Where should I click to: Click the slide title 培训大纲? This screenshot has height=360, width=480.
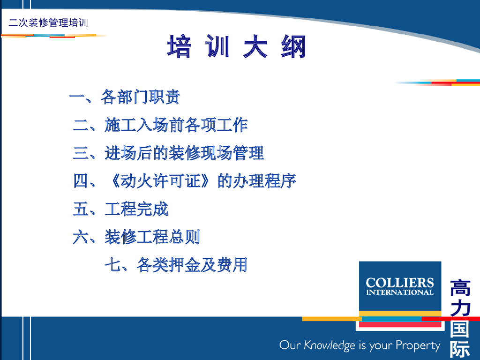pyautogui.click(x=237, y=47)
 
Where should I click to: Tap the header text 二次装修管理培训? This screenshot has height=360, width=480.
pyautogui.click(x=49, y=22)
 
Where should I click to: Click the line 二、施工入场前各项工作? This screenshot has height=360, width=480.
pyautogui.click(x=160, y=125)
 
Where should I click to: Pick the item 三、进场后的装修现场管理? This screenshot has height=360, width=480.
pyautogui.click(x=168, y=153)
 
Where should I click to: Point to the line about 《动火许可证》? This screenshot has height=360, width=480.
pyautogui.click(x=185, y=181)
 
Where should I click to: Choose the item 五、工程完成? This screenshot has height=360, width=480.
pyautogui.click(x=120, y=209)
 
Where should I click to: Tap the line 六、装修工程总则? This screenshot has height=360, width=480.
pyautogui.click(x=136, y=237)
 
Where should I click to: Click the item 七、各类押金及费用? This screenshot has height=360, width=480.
pyautogui.click(x=176, y=265)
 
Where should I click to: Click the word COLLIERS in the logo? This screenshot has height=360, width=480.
pyautogui.click(x=400, y=283)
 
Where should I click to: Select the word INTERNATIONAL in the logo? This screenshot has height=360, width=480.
pyautogui.click(x=400, y=292)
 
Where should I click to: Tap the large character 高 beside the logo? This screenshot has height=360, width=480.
pyautogui.click(x=460, y=287)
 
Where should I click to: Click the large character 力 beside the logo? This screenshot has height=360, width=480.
pyautogui.click(x=460, y=308)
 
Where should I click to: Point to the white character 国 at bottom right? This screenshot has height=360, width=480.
pyautogui.click(x=460, y=329)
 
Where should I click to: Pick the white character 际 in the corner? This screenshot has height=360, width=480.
pyautogui.click(x=460, y=349)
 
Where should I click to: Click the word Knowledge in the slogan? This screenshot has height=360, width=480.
pyautogui.click(x=330, y=346)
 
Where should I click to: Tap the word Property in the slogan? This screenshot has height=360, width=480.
pyautogui.click(x=418, y=346)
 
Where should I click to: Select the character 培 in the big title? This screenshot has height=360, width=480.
pyautogui.click(x=180, y=47)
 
